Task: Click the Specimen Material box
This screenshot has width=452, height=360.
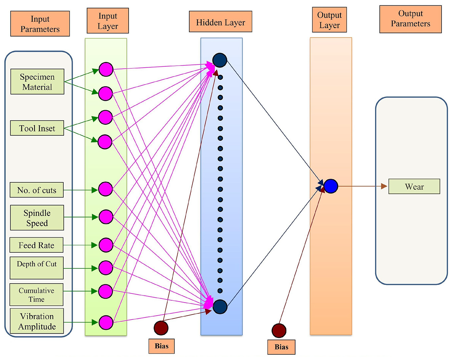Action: pyautogui.click(x=38, y=81)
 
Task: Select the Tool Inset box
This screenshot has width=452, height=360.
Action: pyautogui.click(x=37, y=128)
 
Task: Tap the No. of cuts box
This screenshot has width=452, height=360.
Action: pyautogui.click(x=37, y=190)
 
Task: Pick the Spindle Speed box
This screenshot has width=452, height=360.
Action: pyautogui.click(x=37, y=218)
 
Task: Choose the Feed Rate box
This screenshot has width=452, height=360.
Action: pyautogui.click(x=36, y=245)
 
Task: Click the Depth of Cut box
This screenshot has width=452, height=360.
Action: pyautogui.click(x=37, y=268)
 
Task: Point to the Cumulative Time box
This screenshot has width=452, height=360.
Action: pyautogui.click(x=36, y=295)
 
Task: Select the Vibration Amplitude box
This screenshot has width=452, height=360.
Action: pyautogui.click(x=37, y=321)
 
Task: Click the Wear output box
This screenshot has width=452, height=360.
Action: pyautogui.click(x=414, y=186)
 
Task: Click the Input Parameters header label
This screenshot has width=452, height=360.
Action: pyautogui.click(x=40, y=23)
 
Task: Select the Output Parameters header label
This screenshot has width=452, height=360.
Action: pyautogui.click(x=410, y=19)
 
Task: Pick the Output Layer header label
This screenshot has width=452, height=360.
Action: pyautogui.click(x=329, y=20)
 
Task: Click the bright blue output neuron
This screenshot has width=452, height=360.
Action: pyautogui.click(x=331, y=186)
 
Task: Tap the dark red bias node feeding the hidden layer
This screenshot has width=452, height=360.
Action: pyautogui.click(x=161, y=328)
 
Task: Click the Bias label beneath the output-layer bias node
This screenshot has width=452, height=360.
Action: pyautogui.click(x=281, y=347)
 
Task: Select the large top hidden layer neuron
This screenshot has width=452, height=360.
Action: pyautogui.click(x=220, y=60)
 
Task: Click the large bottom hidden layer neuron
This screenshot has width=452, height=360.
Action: pyautogui.click(x=220, y=307)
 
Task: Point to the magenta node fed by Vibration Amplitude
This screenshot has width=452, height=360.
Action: pyautogui.click(x=106, y=322)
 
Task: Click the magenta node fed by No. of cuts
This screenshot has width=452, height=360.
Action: pyautogui.click(x=106, y=189)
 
